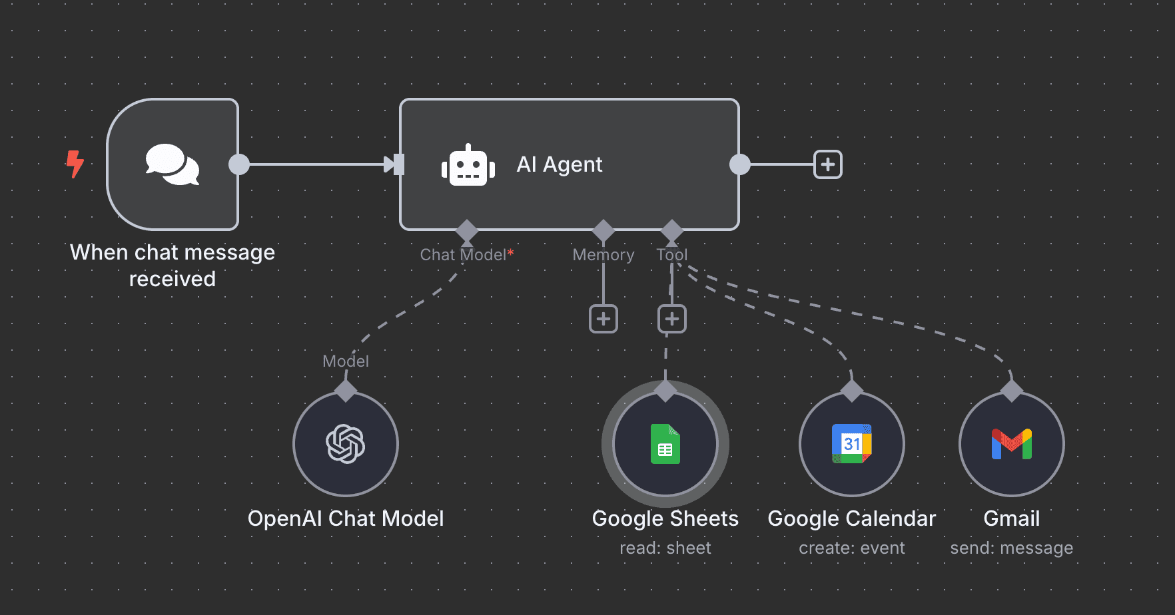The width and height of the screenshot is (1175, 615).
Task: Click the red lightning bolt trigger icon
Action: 75,164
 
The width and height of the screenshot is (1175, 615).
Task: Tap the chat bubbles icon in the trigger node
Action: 173,164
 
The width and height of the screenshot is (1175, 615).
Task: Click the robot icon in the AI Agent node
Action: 468,165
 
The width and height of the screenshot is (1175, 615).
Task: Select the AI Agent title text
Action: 560,164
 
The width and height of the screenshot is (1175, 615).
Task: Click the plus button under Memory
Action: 603,319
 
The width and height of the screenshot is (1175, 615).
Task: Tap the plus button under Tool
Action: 672,319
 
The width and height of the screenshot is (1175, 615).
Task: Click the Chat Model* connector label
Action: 466,255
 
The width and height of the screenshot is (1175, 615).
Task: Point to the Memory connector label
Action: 603,255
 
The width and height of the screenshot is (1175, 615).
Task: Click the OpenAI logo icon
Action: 346,444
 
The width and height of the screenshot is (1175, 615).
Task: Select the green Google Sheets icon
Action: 665,444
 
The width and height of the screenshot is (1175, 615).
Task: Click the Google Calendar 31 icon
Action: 852,444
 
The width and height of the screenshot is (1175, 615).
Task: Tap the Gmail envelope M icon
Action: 1012,444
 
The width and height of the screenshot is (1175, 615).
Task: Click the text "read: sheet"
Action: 665,548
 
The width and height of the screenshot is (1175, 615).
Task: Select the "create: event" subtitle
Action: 852,548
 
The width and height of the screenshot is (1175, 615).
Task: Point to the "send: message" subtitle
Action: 1012,548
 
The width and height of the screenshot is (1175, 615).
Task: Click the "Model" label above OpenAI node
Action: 346,361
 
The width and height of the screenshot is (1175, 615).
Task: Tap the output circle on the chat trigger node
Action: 239,164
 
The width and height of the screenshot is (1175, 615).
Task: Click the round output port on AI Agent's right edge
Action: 740,164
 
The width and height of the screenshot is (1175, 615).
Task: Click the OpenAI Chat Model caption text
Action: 346,518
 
